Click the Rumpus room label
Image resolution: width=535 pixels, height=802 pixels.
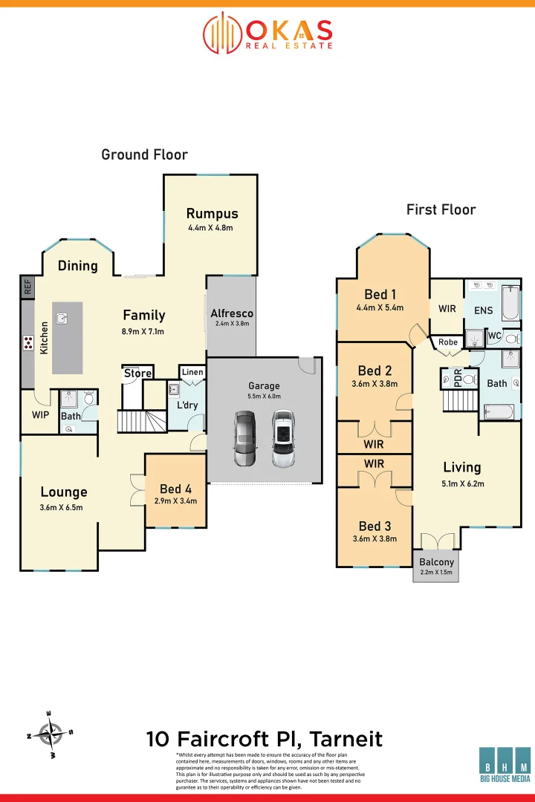click(x=211, y=214)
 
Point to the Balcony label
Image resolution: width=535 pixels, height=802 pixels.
click(x=436, y=562)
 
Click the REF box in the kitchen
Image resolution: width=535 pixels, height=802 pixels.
click(x=27, y=287)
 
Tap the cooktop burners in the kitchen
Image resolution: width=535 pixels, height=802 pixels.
click(x=28, y=342)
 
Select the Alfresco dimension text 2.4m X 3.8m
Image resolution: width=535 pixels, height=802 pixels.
click(x=231, y=324)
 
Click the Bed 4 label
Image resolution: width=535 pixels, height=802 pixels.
click(x=175, y=489)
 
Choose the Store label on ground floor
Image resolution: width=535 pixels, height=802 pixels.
click(x=137, y=374)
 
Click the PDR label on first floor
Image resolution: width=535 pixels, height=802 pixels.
click(x=458, y=379)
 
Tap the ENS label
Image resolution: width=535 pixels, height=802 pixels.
click(x=483, y=310)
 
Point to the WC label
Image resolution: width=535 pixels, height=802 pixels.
click(x=495, y=336)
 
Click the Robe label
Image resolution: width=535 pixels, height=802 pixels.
click(x=448, y=342)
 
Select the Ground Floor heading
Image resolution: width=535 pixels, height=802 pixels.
click(x=144, y=154)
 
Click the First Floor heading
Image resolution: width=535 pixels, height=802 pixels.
click(x=441, y=209)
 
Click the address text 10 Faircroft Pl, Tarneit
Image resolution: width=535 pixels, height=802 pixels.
click(x=265, y=739)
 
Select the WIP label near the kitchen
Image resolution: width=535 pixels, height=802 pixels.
click(x=40, y=415)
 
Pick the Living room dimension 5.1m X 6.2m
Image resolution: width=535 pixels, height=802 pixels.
click(x=461, y=483)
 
